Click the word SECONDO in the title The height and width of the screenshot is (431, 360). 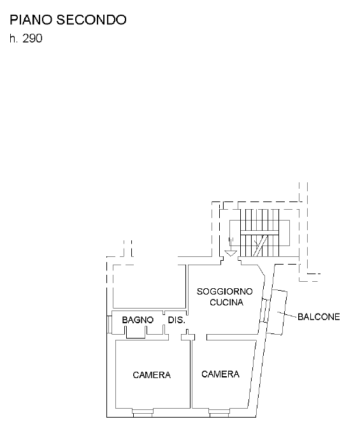pos(92,20)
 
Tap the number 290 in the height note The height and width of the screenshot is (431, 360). pos(32,38)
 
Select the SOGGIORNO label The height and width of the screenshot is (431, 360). pos(225,291)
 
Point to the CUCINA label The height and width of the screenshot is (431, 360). pos(227,302)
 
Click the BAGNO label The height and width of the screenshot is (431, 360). pos(138,320)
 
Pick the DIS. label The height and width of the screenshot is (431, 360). pos(176,320)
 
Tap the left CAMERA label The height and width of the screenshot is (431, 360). pos(152,375)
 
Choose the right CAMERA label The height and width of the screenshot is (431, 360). pos(220,374)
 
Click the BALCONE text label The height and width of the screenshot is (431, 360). pos(319,317)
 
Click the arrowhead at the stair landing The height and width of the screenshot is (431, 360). pos(231,253)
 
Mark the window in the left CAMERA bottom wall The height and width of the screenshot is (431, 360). pos(143,413)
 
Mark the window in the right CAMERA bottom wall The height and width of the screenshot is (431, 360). pos(219,413)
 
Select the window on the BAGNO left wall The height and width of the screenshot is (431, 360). pos(109,324)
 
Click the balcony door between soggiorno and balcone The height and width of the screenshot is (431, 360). pos(264,310)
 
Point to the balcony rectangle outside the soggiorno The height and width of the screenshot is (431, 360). pos(277,312)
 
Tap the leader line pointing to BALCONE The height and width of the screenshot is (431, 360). pos(287,314)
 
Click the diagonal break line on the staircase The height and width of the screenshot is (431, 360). pos(260,245)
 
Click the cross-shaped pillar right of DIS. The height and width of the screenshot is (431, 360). pos(188,335)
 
